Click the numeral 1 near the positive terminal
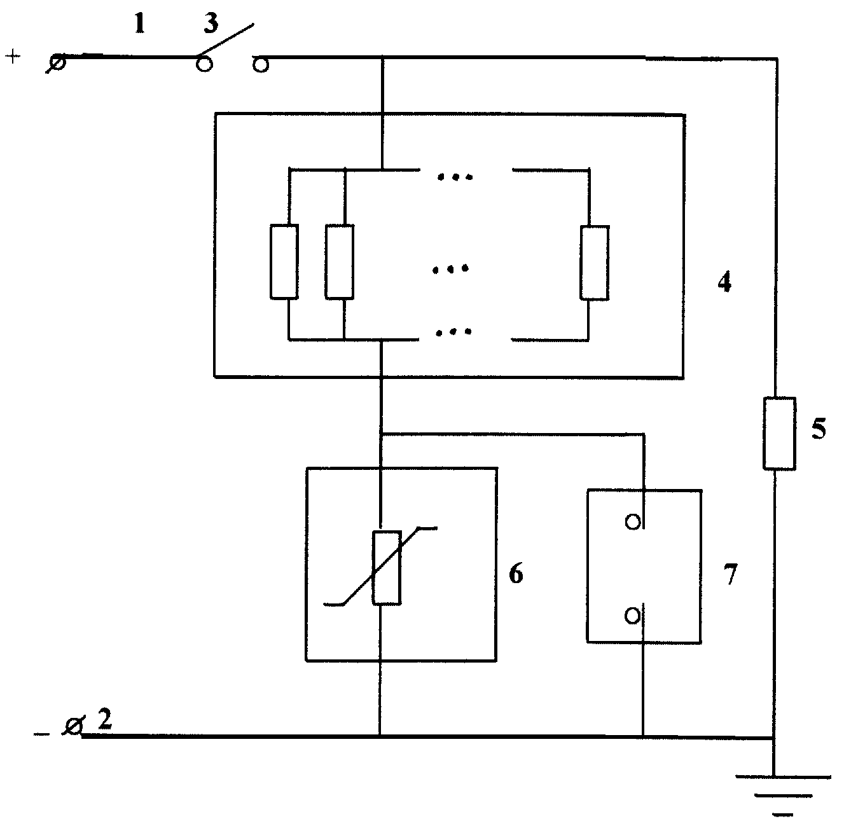140,24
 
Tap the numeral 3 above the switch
211,24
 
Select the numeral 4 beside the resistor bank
724,282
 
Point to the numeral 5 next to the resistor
819,429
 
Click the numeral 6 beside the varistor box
516,574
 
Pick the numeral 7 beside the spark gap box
730,574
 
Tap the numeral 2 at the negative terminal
104,719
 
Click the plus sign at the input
13,57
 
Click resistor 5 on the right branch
779,434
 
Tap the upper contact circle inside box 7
633,522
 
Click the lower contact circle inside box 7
632,617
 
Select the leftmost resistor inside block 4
284,262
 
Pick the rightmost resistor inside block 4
594,263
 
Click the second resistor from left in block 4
340,262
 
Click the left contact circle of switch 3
204,64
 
